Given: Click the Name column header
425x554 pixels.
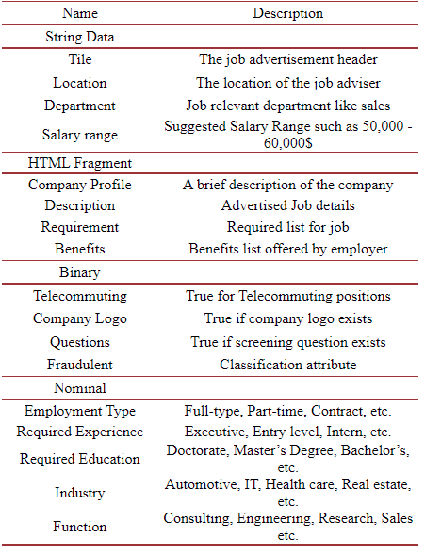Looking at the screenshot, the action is pos(80,14).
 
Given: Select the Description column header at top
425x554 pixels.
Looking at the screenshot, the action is pos(287,14).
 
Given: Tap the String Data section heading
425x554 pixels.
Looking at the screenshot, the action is pos(80,37).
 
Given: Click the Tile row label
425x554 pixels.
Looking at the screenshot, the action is pos(80,60).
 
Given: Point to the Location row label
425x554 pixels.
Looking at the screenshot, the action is pos(80,83).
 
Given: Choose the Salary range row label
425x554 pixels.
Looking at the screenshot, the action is pos(80,135).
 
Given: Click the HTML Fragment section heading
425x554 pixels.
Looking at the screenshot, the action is pos(80,163).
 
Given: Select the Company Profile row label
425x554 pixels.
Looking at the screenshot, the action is pos(80,185).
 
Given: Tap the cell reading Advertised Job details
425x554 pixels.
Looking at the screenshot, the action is pos(287,205).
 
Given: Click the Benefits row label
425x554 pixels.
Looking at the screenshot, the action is pos(80,249).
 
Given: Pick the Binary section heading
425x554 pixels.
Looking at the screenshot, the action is pos(80,272).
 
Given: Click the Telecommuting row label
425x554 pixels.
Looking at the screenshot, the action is pos(80,296).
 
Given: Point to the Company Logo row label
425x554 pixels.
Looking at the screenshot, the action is pos(80,318).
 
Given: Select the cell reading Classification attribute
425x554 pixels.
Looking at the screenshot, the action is pos(287,364).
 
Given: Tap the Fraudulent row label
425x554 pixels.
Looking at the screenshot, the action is pos(80,364).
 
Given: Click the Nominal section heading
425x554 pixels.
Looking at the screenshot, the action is pos(80,387).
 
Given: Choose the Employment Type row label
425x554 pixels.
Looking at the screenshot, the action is pos(80,411).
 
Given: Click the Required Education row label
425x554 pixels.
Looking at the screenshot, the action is pos(80,460).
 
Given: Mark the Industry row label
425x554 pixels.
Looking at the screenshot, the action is pos(80,493).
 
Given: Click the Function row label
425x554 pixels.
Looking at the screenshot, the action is pos(80,527).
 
